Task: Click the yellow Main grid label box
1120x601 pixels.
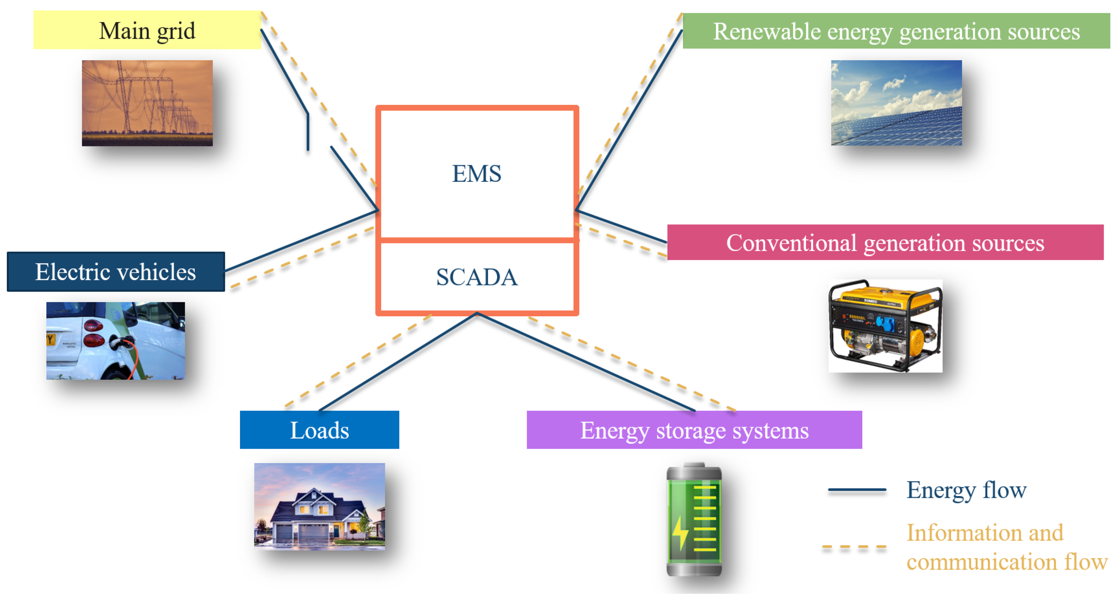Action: tap(147, 30)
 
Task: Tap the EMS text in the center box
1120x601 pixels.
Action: tap(477, 174)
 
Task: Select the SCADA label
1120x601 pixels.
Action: tap(477, 277)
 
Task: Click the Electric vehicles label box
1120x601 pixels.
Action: tap(116, 272)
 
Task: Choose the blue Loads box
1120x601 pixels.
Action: tap(319, 430)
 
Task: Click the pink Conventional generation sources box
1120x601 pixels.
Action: tap(885, 242)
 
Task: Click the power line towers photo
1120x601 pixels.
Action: tap(147, 103)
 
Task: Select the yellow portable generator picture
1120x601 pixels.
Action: tap(885, 326)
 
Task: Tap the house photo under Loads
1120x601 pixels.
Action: tap(319, 506)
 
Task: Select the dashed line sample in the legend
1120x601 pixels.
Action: tap(854, 547)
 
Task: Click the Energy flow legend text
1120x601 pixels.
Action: tap(966, 490)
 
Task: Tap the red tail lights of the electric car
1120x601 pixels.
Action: tap(93, 333)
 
